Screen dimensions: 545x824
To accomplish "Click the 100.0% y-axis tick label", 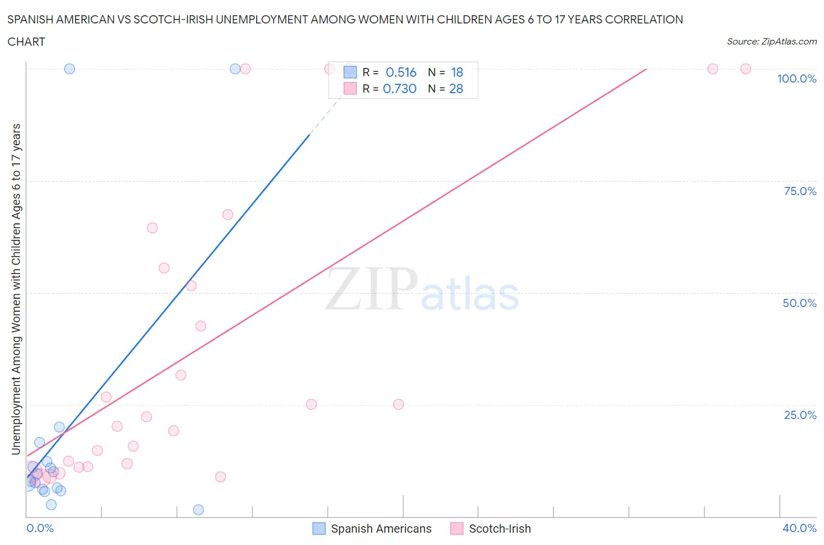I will coord(796,79).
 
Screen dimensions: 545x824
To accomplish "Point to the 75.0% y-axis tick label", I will coord(800,191).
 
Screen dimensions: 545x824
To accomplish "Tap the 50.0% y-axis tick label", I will coord(799,303).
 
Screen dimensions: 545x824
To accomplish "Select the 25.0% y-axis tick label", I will coord(800,415).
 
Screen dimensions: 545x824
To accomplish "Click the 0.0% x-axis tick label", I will coord(40,528).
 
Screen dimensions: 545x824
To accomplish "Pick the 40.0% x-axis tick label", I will coord(799,528).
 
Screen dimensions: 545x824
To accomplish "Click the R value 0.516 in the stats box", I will coord(401,72).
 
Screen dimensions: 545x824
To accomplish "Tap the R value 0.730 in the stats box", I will coord(400,88).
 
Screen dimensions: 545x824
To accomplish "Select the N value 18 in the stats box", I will coord(457,72).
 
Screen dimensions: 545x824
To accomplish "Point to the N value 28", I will coord(456,88).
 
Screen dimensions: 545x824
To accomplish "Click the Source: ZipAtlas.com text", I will coord(771,42).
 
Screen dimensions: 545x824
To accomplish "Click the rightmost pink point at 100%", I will coord(745,69).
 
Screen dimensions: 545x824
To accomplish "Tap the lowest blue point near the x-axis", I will coord(199,510).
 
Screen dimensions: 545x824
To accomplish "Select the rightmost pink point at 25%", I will coord(399,404).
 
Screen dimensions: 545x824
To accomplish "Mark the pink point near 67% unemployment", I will coord(228,214).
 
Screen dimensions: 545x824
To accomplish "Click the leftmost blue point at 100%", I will coord(69,69).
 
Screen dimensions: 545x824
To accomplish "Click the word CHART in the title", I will coord(26,42).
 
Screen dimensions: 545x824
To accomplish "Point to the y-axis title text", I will coord(16,289).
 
